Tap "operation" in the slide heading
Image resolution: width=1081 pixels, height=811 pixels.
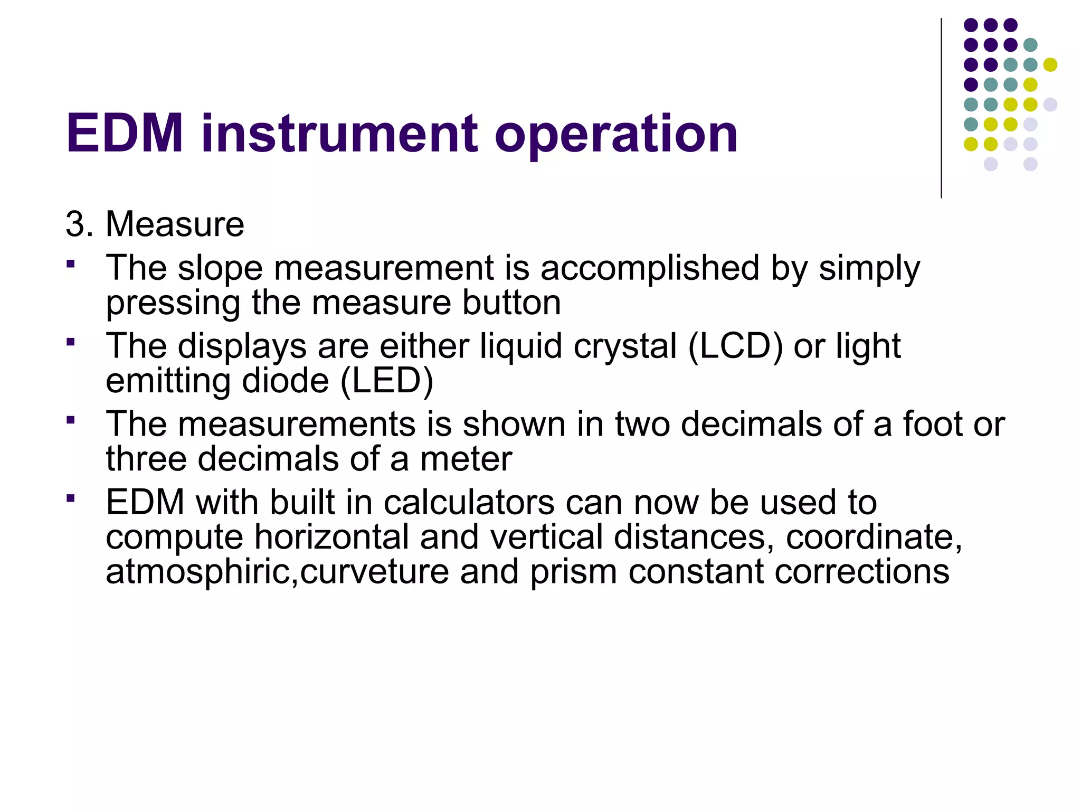click(615, 135)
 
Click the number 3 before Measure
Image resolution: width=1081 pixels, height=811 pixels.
click(75, 224)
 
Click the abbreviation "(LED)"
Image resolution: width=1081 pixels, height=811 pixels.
click(387, 381)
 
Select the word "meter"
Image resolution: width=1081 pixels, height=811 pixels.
click(466, 459)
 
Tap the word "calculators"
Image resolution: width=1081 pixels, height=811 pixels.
click(469, 502)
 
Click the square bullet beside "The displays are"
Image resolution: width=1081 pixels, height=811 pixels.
click(71, 342)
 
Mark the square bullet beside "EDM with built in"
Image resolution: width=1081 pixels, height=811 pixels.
click(71, 497)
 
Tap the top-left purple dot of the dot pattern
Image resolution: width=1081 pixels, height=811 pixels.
click(971, 25)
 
